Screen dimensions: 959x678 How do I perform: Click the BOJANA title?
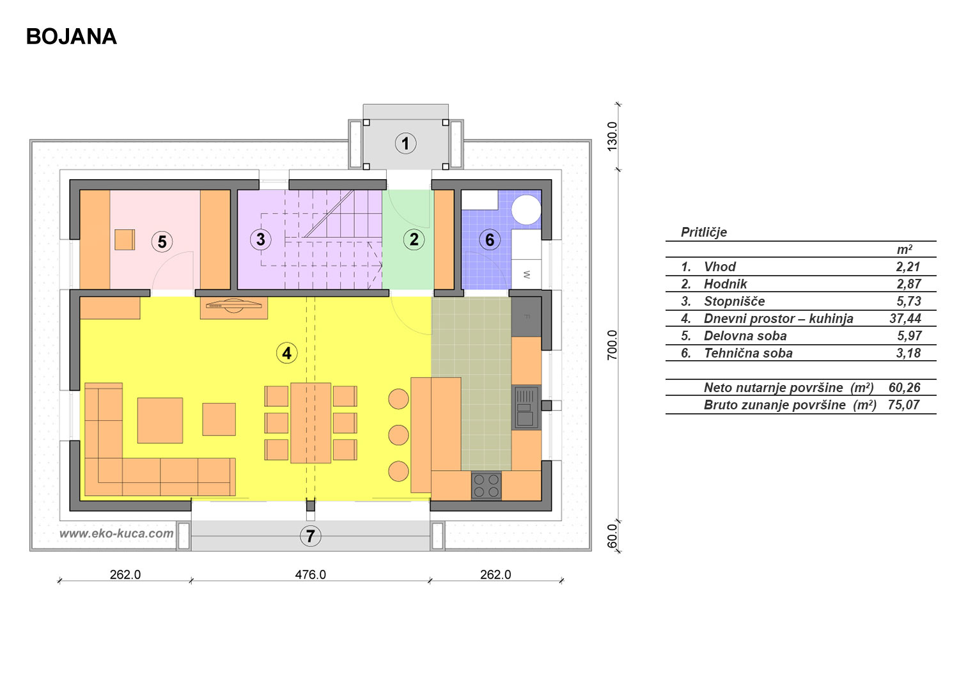pyautogui.click(x=72, y=37)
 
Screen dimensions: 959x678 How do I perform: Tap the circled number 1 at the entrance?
pyautogui.click(x=405, y=143)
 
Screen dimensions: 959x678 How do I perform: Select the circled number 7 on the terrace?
pyautogui.click(x=310, y=536)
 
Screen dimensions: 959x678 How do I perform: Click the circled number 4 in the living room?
pyautogui.click(x=287, y=353)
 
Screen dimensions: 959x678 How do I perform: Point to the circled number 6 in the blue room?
pyautogui.click(x=490, y=239)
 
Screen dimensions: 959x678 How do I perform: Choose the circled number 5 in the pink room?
pyautogui.click(x=162, y=242)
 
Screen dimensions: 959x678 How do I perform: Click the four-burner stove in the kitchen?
pyautogui.click(x=487, y=485)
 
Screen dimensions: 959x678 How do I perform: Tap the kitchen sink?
pyautogui.click(x=526, y=407)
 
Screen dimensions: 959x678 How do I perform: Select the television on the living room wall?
pyautogui.click(x=234, y=304)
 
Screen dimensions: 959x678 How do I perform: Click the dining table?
pyautogui.click(x=311, y=423)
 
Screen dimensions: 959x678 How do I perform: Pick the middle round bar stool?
pyautogui.click(x=398, y=435)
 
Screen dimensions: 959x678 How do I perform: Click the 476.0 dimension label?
pyautogui.click(x=310, y=574)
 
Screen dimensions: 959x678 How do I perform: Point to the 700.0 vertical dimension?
pyautogui.click(x=612, y=345)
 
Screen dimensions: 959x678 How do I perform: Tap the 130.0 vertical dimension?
pyautogui.click(x=612, y=136)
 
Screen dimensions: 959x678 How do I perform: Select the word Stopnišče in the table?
pyautogui.click(x=734, y=301)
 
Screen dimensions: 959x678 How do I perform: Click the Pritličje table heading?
pyautogui.click(x=704, y=232)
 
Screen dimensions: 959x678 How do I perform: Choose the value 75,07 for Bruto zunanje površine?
pyautogui.click(x=903, y=405)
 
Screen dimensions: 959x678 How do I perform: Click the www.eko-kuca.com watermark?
pyautogui.click(x=116, y=533)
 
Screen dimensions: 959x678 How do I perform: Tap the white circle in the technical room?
pyautogui.click(x=526, y=210)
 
